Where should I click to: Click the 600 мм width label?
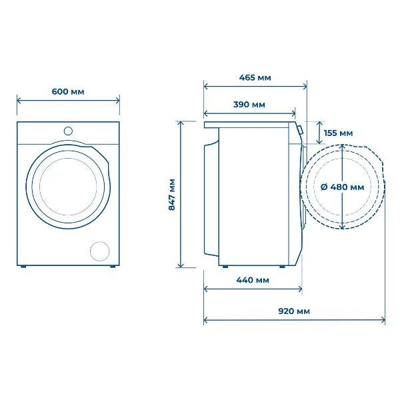pos(68,91)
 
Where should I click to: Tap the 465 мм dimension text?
pos(255,77)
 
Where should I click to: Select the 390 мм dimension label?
pos(249,105)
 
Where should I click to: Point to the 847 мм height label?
pos(172,195)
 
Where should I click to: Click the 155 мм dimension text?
pos(338,133)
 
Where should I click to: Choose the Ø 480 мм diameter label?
pos(343,187)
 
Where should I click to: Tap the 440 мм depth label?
pos(253,280)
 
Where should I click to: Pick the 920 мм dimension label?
pos(294,311)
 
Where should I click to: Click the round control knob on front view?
pos(68,131)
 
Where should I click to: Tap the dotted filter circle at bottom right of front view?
pos(100,251)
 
